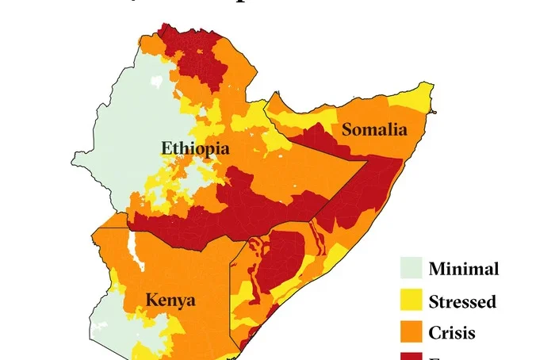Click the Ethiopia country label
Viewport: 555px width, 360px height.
195,148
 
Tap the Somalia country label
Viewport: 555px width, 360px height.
374,129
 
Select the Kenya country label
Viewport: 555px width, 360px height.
170,301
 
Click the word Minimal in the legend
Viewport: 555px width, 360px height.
464,269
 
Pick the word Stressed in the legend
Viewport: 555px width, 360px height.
462,301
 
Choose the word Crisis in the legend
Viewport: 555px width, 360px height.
452,333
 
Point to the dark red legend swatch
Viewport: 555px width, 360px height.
411,355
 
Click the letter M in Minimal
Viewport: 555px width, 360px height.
437,269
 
